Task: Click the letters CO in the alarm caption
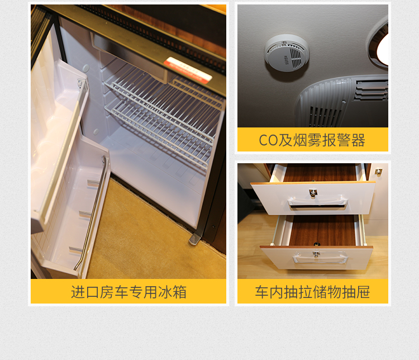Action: click(268, 140)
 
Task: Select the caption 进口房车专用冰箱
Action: click(128, 292)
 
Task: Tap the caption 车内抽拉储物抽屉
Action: click(312, 292)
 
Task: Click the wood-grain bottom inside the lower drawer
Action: click(321, 230)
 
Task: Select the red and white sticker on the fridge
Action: click(188, 70)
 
